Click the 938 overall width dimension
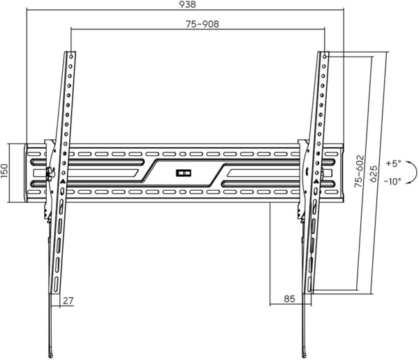(187, 5)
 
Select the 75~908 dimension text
(203, 24)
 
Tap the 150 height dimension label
(5, 171)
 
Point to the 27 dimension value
(68, 301)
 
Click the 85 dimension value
(289, 298)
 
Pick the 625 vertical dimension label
(374, 174)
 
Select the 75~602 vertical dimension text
(359, 171)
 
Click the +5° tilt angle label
(393, 163)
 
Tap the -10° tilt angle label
(392, 181)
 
